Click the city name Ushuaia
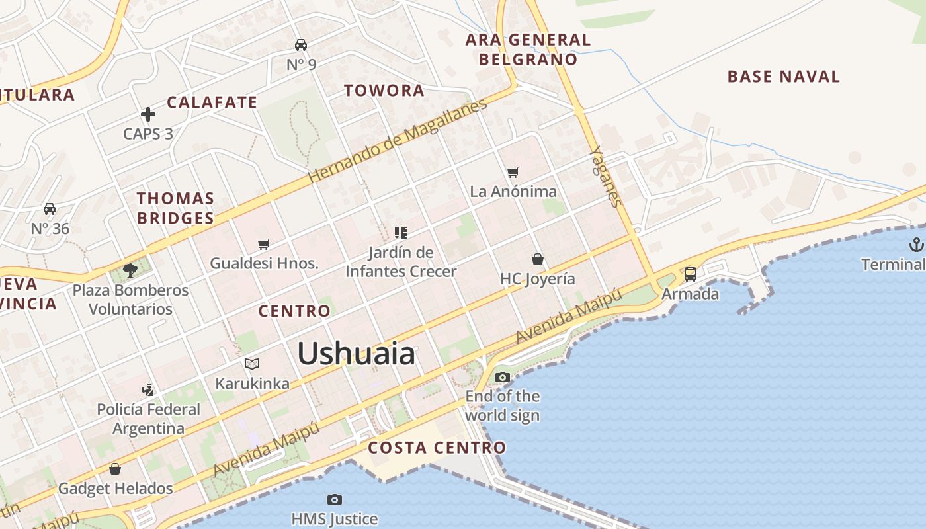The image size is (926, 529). pos(356,354)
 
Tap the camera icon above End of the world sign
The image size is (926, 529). pos(503,378)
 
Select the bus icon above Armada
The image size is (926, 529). pos(690,274)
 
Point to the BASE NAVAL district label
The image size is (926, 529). pos(783,77)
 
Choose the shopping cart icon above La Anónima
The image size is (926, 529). pos(513,173)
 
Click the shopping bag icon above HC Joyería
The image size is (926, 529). pos(538,259)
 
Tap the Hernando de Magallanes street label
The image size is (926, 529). pos(398,141)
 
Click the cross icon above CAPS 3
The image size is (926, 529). pos(148,114)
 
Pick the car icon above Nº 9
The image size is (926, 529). pos(301,45)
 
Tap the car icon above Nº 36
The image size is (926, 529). pos(50,209)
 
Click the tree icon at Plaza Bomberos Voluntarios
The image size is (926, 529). pos(130,270)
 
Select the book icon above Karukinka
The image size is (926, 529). pos(252,364)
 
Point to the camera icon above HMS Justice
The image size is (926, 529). pos(335,499)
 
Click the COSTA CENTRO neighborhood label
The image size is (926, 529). pos(437,448)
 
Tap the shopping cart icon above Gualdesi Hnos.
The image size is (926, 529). pos(264,244)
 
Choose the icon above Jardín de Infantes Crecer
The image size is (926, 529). pos(400,232)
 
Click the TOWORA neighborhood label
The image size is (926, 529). pos(384,91)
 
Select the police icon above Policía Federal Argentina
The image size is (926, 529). pos(148,389)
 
